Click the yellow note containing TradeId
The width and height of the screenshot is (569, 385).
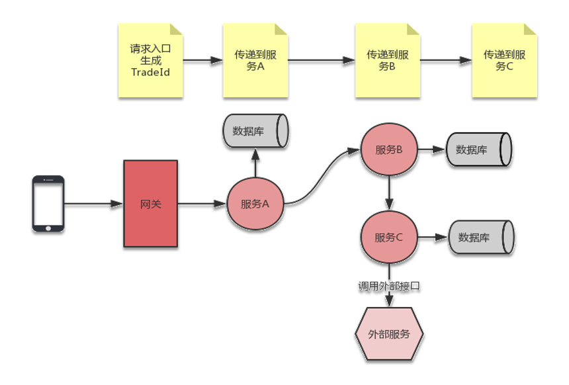pyautogui.click(x=150, y=61)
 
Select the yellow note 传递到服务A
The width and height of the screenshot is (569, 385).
pyautogui.click(x=255, y=61)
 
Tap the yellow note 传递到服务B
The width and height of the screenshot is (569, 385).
pyautogui.click(x=387, y=61)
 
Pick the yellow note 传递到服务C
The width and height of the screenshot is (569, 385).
pyautogui.click(x=503, y=61)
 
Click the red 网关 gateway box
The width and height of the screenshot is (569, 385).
pyautogui.click(x=151, y=204)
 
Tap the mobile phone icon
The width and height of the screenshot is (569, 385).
pyautogui.click(x=48, y=204)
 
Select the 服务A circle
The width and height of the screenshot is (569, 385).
pyautogui.click(x=255, y=204)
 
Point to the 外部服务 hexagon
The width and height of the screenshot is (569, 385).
pyautogui.click(x=389, y=334)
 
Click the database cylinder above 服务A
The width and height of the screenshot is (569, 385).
pyautogui.click(x=255, y=131)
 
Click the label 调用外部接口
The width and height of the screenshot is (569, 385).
pyautogui.click(x=389, y=286)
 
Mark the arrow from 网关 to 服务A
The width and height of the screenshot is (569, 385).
pyautogui.click(x=202, y=204)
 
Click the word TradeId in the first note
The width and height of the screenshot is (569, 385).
pyautogui.click(x=150, y=71)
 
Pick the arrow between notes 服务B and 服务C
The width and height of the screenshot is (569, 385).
pyautogui.click(x=445, y=61)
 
